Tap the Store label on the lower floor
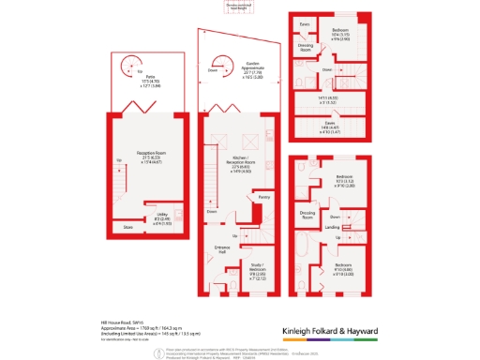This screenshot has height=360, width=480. pyautogui.click(x=127, y=228)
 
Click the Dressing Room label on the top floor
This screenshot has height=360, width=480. pyautogui.click(x=306, y=44)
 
